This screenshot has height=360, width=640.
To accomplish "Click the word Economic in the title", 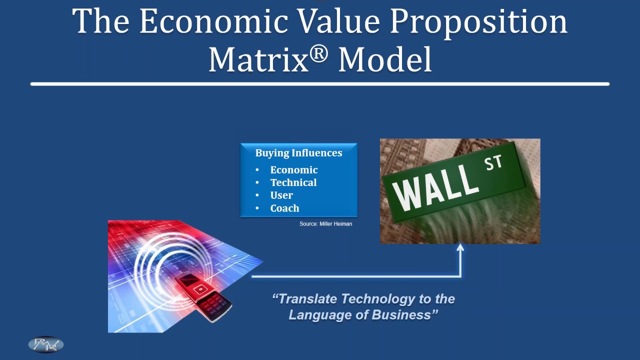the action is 213,21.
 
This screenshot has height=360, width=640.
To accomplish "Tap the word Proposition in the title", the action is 478,23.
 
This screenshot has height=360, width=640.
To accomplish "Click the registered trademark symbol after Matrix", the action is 318,54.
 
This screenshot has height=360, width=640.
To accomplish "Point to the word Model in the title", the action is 385,59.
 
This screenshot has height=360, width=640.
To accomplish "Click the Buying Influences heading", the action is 298,153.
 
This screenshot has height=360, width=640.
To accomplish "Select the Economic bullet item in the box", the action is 293,170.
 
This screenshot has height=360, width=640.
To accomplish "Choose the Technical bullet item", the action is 293,182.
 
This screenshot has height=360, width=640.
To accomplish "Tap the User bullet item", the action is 281,195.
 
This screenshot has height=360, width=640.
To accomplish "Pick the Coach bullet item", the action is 284,208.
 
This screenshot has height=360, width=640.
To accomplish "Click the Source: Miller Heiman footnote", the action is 325,223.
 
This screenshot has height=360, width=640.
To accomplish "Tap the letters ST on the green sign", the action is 493,162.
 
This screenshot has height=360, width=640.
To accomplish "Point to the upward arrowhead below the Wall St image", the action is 460,247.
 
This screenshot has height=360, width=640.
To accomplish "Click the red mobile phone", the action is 203,297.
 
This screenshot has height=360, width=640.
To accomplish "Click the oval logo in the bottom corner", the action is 45,344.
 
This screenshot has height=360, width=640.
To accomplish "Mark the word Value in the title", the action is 339,21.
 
